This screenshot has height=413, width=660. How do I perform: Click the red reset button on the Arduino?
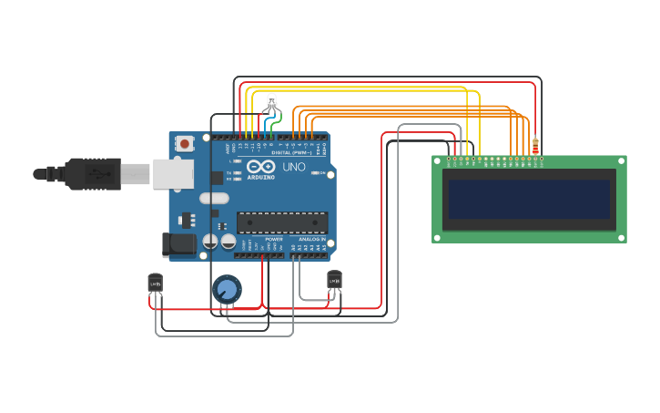[x=186, y=143]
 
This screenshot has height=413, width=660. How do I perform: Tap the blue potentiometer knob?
[x=227, y=290]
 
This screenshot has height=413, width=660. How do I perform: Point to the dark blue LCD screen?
[x=528, y=199]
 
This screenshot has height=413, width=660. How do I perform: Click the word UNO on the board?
[x=294, y=168]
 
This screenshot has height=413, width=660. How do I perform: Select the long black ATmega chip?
[x=282, y=222]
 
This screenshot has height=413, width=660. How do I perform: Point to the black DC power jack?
[x=177, y=243]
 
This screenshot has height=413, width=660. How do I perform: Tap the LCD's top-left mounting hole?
[x=438, y=161]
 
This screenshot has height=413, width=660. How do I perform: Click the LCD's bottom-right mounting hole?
[x=621, y=237]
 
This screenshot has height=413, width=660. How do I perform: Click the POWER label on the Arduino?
[x=274, y=239]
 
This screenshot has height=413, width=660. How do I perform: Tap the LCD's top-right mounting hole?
[x=621, y=161]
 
